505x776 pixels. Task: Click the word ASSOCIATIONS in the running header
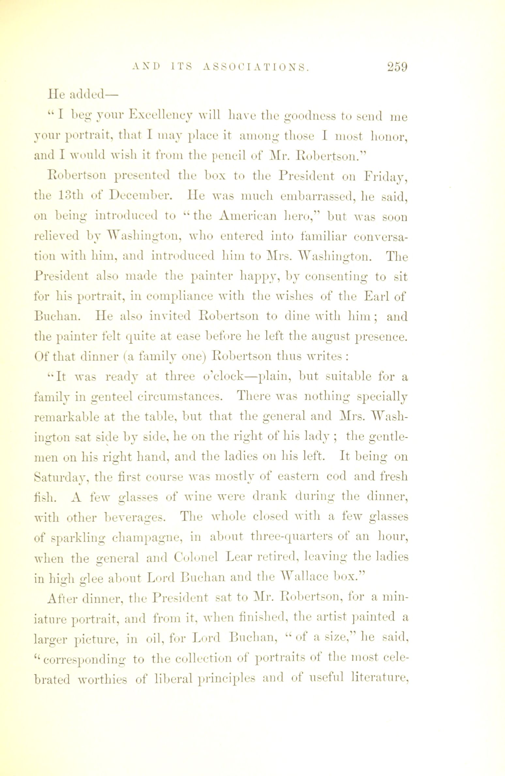point(255,67)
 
